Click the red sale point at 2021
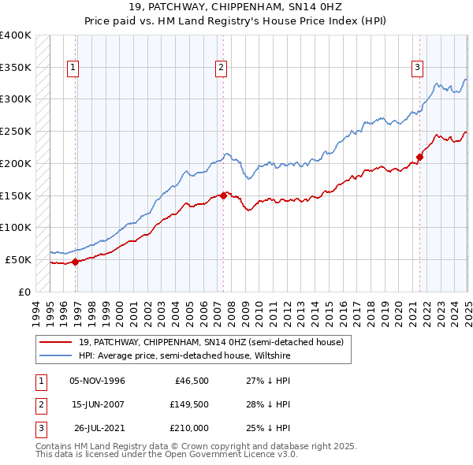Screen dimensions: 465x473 tap(420, 157)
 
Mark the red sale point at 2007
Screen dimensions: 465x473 tap(224, 195)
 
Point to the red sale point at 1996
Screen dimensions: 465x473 tap(76, 262)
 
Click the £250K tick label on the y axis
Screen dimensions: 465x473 tap(16, 131)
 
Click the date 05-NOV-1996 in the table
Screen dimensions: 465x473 tap(98, 381)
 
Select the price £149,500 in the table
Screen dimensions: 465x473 tap(188, 404)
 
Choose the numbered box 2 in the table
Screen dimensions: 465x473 tap(40, 404)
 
